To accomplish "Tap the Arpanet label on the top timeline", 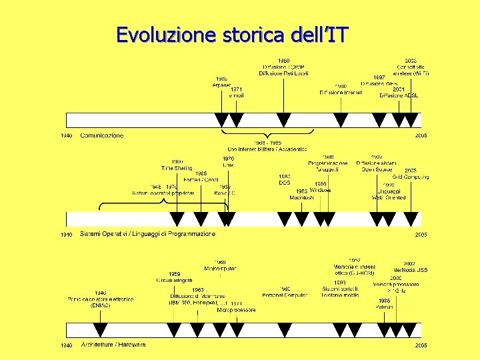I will (221, 85).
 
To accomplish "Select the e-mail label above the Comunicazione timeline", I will (236, 96).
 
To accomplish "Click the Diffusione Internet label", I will (340, 93).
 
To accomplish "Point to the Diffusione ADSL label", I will (399, 95).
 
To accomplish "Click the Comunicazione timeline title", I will (101, 135).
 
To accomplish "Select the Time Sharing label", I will (177, 168).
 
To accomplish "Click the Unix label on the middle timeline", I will (228, 165).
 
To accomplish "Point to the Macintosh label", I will (301, 198).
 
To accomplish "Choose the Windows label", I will (320, 190).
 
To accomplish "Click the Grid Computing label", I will (411, 177).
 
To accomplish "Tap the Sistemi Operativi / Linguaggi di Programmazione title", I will (147, 234).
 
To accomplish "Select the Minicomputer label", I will (220, 269).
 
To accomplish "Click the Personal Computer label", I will (285, 294).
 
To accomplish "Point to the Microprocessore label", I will (236, 310).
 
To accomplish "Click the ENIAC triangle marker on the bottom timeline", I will (100, 329).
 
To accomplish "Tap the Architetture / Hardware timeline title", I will (113, 345).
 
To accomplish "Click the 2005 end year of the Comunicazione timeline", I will (421, 135).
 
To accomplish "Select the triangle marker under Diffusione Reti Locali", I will (283, 120).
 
